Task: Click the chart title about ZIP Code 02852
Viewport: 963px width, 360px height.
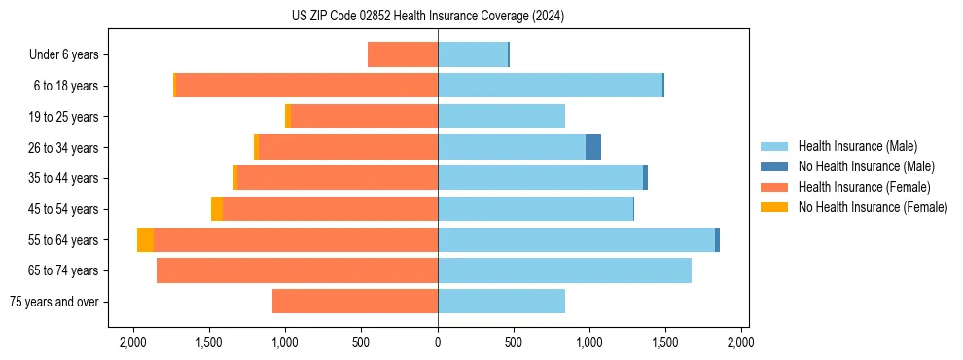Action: point(427,17)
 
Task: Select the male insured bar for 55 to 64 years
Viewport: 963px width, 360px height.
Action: point(576,239)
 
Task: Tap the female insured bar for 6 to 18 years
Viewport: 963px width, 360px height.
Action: point(306,86)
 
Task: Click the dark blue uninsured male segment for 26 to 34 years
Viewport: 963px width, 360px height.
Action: point(593,147)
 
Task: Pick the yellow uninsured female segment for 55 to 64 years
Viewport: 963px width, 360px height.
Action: point(145,239)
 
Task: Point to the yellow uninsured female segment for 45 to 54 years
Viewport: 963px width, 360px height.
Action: point(217,208)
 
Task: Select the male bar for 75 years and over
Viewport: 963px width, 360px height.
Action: point(501,302)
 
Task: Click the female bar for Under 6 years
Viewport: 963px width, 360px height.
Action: point(403,54)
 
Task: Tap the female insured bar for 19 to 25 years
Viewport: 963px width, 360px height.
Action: point(364,116)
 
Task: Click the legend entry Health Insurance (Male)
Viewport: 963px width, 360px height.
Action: point(857,146)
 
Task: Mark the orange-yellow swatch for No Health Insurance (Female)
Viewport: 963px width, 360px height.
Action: point(775,207)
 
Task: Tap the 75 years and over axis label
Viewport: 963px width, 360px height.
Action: point(53,302)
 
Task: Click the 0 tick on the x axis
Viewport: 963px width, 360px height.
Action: point(438,342)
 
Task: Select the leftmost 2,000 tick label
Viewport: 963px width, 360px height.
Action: point(133,342)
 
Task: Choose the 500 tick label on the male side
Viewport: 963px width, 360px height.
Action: point(514,342)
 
